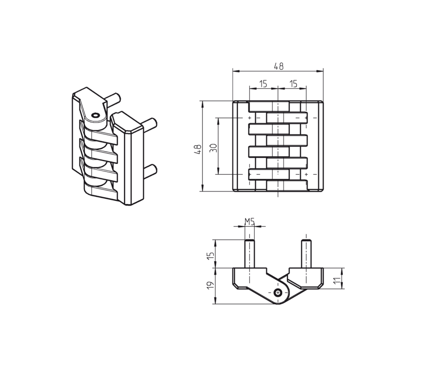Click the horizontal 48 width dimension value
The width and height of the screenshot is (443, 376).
pyautogui.click(x=278, y=66)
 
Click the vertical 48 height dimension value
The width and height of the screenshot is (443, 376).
pyautogui.click(x=197, y=149)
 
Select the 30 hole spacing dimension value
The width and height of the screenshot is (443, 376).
pyautogui.click(x=213, y=147)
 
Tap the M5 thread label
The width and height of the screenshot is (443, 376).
pyautogui.click(x=250, y=221)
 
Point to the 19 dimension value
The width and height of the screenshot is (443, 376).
pyautogui.click(x=210, y=286)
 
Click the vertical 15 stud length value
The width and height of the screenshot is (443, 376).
pyautogui.click(x=210, y=255)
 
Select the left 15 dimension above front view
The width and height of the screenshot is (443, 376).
pyautogui.click(x=263, y=84)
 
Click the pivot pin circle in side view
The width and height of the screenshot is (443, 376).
pyautogui.click(x=278, y=293)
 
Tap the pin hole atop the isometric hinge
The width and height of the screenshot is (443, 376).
pyautogui.click(x=95, y=116)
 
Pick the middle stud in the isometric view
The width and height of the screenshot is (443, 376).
pyautogui.click(x=150, y=123)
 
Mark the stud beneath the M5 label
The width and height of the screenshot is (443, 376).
pyautogui.click(x=250, y=253)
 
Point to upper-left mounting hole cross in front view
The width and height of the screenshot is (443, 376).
pyautogui.click(x=250, y=118)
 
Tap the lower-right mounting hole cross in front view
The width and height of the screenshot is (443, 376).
pyautogui.click(x=306, y=174)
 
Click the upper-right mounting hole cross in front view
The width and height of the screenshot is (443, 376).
pyautogui.click(x=306, y=118)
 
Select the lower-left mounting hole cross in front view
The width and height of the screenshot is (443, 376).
pyautogui.click(x=250, y=174)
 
